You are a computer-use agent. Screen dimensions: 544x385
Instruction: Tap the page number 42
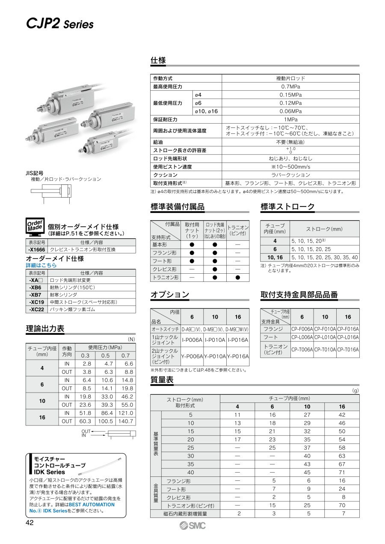(x=30, y=523)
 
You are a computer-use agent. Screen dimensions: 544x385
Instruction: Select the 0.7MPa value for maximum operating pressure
(x=290, y=87)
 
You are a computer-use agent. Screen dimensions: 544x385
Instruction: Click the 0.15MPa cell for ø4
(x=290, y=95)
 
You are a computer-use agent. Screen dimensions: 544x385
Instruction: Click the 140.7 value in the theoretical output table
(x=125, y=421)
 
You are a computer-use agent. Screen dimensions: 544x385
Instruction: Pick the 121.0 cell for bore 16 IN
(x=125, y=413)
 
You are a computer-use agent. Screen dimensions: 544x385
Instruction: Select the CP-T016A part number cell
(x=348, y=349)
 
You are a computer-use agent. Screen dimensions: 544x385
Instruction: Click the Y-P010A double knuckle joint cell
(x=215, y=356)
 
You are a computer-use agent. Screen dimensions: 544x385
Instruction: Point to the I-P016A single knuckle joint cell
(x=238, y=340)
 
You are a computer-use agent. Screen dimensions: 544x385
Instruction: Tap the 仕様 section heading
(x=158, y=60)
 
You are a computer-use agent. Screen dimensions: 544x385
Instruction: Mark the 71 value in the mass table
(x=342, y=472)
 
